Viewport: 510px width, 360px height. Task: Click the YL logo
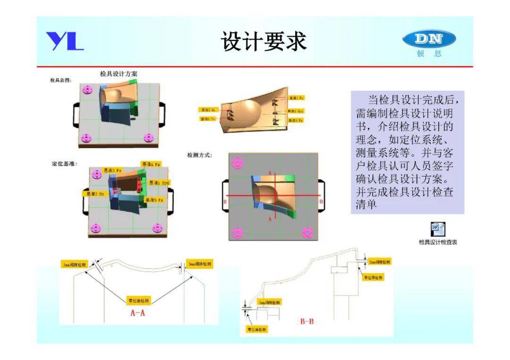point(65,41)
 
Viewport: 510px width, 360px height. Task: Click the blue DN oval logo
point(429,39)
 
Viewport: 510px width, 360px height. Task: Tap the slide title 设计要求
point(264,42)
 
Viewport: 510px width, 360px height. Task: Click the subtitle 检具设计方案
point(119,74)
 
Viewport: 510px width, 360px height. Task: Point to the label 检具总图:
point(61,81)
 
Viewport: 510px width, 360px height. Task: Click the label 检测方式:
point(200,155)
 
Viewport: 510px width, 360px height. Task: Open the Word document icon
point(437,230)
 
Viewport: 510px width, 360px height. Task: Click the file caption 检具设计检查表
point(438,243)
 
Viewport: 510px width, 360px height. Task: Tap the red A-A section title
point(137,313)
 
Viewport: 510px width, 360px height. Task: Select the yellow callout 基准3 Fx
point(113,170)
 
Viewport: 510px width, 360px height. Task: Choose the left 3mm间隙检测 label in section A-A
point(75,265)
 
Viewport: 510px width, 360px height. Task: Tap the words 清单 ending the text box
point(366,205)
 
